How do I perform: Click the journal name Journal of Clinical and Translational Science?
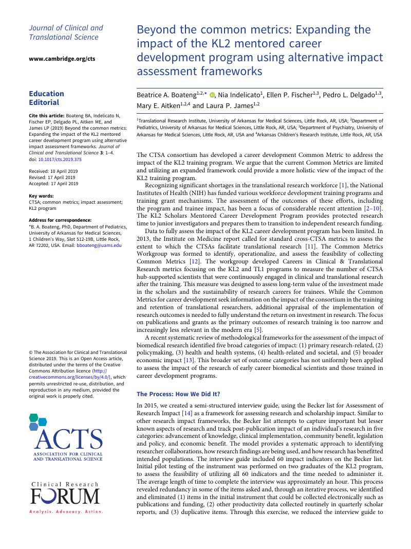point(66,32)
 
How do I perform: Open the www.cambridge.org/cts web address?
point(62,59)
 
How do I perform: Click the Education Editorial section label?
point(47,98)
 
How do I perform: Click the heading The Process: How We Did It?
point(185,394)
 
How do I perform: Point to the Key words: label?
point(41,196)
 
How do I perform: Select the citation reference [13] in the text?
point(189,361)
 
